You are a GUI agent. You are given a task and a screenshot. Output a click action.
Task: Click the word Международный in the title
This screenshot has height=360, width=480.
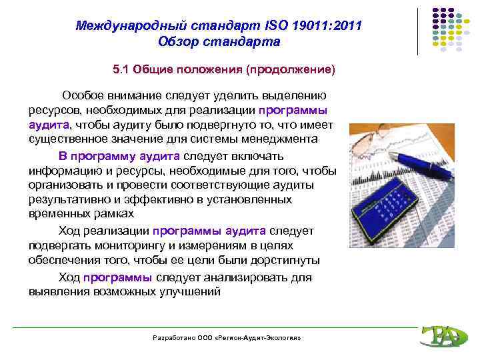pyautogui.click(x=121, y=27)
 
